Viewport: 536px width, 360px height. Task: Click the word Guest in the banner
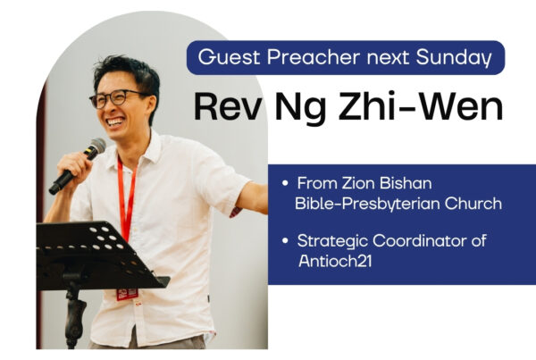click(x=229, y=57)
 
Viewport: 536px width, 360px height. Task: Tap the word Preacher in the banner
click(x=314, y=57)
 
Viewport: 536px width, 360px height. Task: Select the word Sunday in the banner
click(x=454, y=58)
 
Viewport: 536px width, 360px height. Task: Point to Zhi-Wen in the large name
click(x=421, y=106)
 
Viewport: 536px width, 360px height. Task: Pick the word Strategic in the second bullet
click(x=332, y=242)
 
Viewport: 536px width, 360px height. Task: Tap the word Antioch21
click(x=335, y=261)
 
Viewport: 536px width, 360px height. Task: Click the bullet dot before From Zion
click(x=285, y=183)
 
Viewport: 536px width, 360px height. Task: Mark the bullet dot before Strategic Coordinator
click(x=285, y=240)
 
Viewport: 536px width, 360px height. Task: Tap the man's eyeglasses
click(x=116, y=98)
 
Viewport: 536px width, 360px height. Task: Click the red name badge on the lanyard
click(x=127, y=294)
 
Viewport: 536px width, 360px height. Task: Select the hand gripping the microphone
click(x=73, y=168)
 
